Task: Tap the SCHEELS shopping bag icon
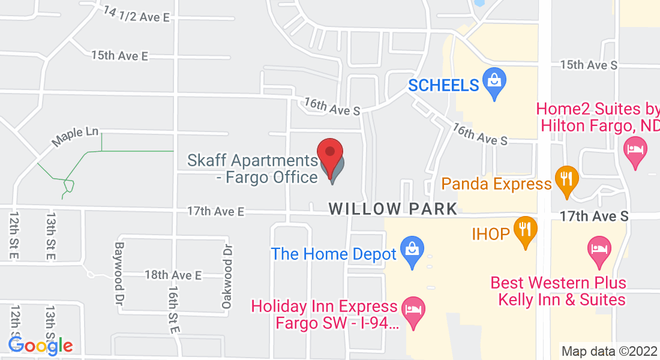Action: (x=495, y=84)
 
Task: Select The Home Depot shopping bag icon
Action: (x=413, y=252)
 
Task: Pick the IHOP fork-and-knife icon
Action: (x=526, y=232)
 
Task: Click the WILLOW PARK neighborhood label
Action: (x=393, y=209)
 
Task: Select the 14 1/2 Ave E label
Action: (x=136, y=14)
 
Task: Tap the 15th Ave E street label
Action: (x=119, y=56)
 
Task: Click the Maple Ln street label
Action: (x=74, y=137)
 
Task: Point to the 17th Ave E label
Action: (x=216, y=211)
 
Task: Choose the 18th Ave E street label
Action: (x=173, y=275)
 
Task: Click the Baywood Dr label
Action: (x=119, y=271)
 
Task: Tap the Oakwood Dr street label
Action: (x=226, y=276)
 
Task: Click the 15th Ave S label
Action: (x=588, y=65)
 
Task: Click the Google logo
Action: (x=40, y=346)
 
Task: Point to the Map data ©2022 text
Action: (x=609, y=351)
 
